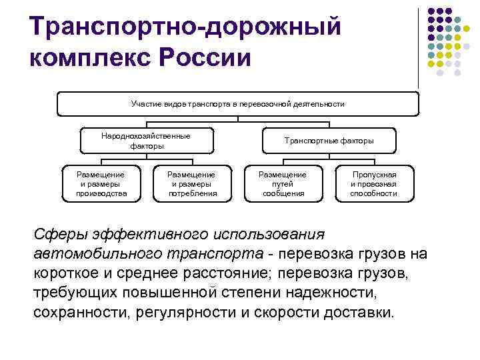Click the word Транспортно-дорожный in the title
(185, 27)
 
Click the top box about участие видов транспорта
(238, 104)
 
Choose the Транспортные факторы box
(329, 141)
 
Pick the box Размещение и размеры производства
(101, 183)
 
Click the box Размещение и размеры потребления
(193, 183)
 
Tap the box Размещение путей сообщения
(283, 183)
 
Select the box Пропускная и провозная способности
(374, 183)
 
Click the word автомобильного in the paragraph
(98, 254)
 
